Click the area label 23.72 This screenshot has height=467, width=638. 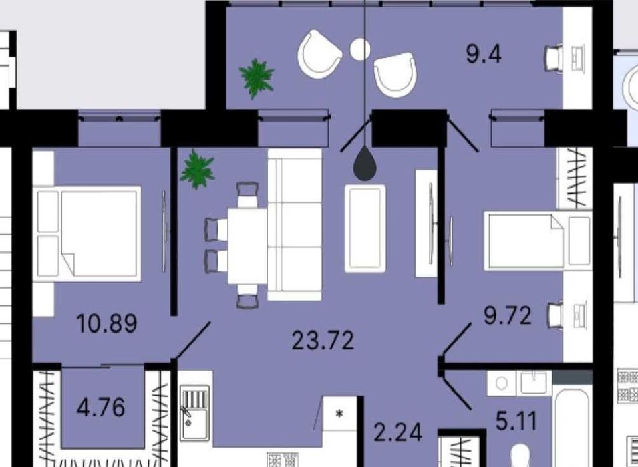323,341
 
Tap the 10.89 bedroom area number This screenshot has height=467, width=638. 107,324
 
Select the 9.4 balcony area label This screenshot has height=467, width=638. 484,54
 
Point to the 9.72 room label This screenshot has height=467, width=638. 507,315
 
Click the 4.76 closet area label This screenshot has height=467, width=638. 101,407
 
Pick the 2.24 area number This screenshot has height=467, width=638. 397,432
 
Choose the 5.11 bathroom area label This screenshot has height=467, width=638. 516,421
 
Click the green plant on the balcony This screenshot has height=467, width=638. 257,79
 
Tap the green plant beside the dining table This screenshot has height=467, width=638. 197,169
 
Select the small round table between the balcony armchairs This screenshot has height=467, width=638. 360,49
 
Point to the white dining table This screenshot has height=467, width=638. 247,246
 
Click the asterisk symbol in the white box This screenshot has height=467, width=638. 339,414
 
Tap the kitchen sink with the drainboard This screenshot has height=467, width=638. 195,414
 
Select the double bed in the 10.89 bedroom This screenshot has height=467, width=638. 87,234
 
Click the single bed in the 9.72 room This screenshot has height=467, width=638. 538,241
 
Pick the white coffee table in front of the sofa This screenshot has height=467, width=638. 365,228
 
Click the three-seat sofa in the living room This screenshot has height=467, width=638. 295,224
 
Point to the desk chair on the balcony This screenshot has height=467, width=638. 553,59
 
